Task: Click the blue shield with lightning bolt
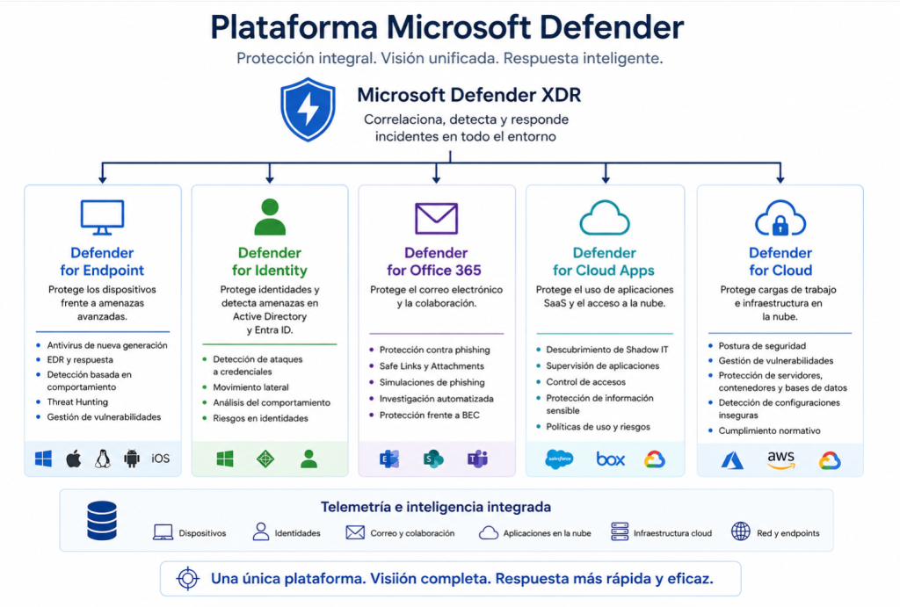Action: [308, 110]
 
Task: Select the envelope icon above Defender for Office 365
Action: [436, 218]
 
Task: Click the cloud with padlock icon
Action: [780, 218]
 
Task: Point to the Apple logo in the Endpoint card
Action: [74, 459]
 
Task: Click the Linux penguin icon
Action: [103, 459]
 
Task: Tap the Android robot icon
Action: [132, 459]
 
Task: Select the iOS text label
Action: [161, 459]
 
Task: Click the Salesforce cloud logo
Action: [559, 459]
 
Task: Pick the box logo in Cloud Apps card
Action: [610, 459]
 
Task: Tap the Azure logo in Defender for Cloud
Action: [732, 460]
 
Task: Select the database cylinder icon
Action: [102, 520]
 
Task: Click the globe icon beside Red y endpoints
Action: [740, 531]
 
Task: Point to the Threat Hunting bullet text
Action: [77, 402]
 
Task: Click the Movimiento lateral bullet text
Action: [250, 387]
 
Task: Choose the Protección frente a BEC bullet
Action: [429, 415]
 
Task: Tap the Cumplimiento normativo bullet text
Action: [769, 430]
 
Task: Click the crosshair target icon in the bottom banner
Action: [188, 578]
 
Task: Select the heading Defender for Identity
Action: [270, 262]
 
